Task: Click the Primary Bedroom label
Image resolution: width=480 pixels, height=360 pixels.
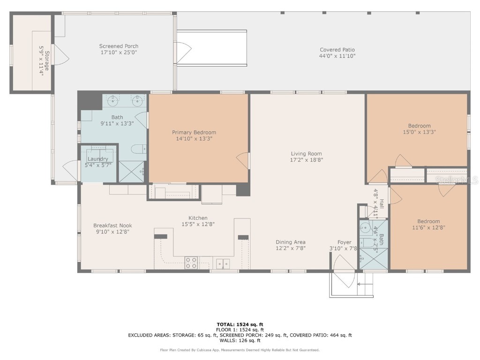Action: coord(194,133)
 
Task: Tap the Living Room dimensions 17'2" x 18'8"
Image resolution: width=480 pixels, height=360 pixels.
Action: coord(306,160)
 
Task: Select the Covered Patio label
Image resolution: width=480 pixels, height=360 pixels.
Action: coord(337,50)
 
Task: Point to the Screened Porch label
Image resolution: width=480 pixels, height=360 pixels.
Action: coord(119,46)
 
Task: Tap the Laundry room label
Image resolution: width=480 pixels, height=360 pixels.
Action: coord(97,159)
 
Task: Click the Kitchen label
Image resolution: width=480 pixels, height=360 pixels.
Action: coord(198,218)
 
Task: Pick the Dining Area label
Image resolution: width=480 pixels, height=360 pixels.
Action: coord(291,242)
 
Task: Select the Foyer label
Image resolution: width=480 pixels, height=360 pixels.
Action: coord(345,242)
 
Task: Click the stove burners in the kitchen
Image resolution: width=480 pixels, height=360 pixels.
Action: coord(191,262)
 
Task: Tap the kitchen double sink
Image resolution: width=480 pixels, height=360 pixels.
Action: coord(223,263)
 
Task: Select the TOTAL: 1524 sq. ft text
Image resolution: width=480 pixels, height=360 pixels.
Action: coord(240,324)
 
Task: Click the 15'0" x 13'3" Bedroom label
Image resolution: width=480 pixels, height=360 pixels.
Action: coord(419,126)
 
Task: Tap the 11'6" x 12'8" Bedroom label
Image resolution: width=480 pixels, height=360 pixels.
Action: coord(428,221)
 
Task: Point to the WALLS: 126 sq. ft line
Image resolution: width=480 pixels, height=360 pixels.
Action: coord(240,341)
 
